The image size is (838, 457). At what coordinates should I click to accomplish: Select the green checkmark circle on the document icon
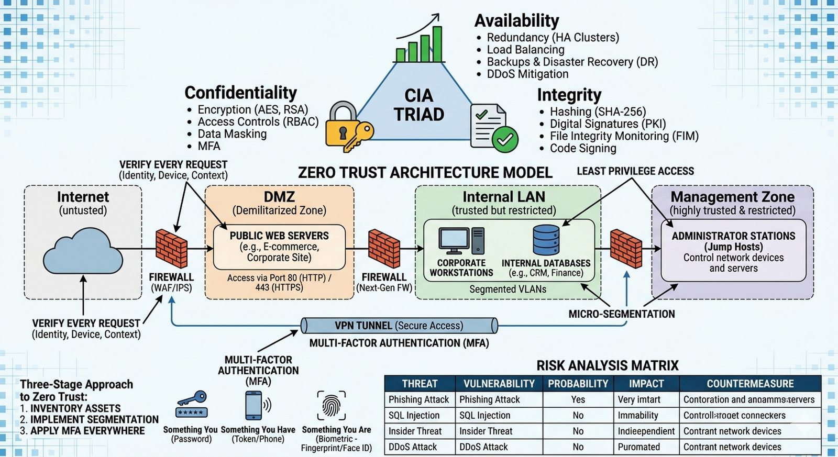[505, 139]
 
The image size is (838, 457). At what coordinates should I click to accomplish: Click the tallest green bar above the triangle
[437, 44]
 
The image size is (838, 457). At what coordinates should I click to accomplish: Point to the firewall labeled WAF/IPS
[171, 249]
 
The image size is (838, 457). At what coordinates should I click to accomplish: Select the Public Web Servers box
[279, 247]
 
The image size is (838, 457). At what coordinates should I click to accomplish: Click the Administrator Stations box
[733, 251]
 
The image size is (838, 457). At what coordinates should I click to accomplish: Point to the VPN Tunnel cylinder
[399, 326]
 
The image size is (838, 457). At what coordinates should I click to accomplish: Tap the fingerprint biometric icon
[331, 405]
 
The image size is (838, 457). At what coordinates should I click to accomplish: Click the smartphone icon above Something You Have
[254, 405]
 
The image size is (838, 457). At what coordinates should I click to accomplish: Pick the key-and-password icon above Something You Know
[192, 405]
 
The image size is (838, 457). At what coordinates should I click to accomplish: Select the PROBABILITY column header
[578, 384]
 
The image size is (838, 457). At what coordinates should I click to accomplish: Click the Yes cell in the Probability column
[578, 399]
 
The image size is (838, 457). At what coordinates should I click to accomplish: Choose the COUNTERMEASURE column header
[750, 384]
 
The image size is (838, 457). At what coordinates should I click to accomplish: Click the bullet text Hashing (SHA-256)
[598, 112]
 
